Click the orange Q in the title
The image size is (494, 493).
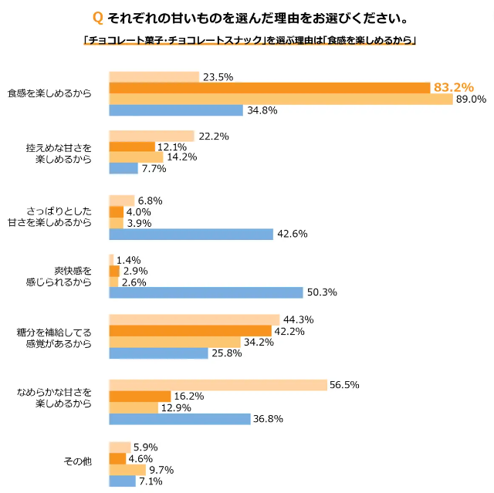tap(96, 17)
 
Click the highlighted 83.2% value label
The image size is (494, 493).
tap(453, 88)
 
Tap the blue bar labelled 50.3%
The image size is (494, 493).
tap(206, 292)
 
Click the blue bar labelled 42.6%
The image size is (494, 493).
tap(191, 235)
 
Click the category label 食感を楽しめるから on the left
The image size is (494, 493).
tap(49, 93)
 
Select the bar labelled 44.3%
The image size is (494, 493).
tap(194, 319)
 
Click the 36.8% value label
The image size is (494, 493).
tap(269, 419)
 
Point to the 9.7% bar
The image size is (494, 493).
tap(127, 470)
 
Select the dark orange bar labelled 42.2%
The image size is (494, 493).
tap(191, 331)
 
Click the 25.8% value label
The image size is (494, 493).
tap(226, 353)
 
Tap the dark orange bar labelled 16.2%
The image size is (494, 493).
tap(140, 397)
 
